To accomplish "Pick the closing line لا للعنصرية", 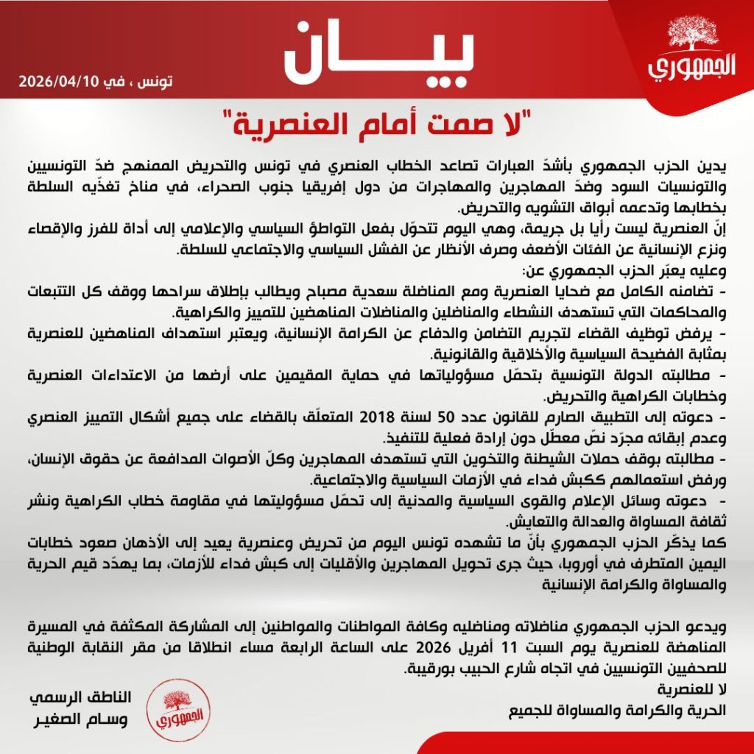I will (696, 691).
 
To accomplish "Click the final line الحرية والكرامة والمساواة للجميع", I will (621, 711).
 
